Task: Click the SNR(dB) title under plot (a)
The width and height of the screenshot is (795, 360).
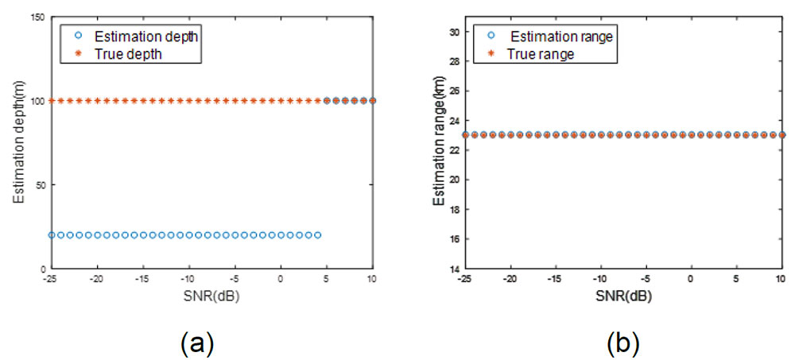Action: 212,296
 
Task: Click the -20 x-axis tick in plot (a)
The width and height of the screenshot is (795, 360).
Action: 97,280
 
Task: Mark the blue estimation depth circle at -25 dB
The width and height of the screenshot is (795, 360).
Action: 52,235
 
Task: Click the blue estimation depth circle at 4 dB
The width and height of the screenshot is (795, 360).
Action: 317,235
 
